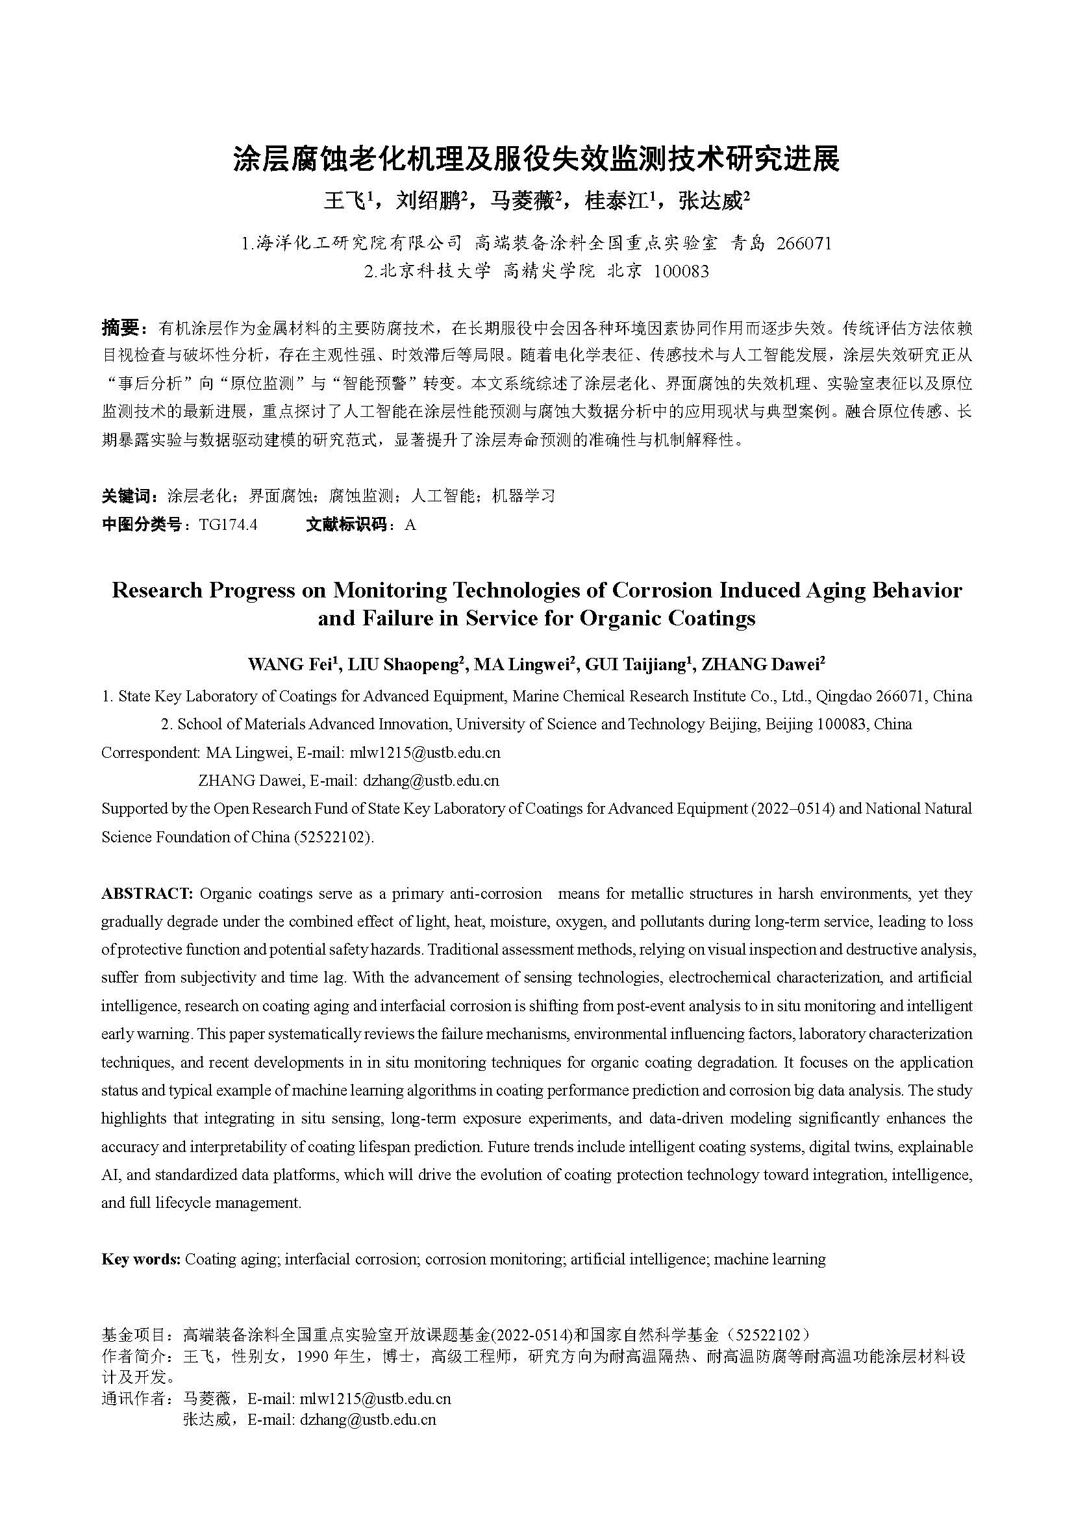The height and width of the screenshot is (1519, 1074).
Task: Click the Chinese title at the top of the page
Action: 536,160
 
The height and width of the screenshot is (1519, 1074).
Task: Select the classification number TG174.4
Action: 228,525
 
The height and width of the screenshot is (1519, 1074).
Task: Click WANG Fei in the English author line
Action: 290,664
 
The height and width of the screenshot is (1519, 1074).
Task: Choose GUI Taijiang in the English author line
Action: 636,664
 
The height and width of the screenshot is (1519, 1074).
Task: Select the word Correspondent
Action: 150,752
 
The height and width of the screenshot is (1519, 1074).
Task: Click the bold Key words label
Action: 140,1259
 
